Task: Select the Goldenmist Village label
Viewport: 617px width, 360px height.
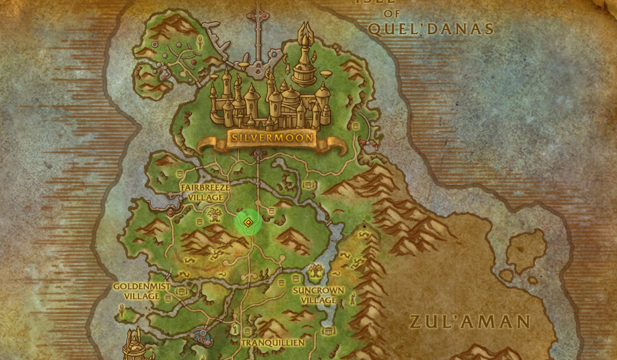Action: coord(142,291)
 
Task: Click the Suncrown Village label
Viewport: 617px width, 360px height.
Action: coord(318,295)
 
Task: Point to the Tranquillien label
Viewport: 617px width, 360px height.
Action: coord(273,342)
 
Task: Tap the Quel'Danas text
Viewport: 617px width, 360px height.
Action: coord(431,29)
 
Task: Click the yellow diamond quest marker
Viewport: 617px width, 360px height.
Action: coord(248,222)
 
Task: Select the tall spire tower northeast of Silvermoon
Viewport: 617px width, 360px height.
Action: coord(304,55)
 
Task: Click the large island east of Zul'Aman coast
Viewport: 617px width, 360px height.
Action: coord(526,250)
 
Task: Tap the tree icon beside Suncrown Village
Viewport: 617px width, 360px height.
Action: coord(315,272)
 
